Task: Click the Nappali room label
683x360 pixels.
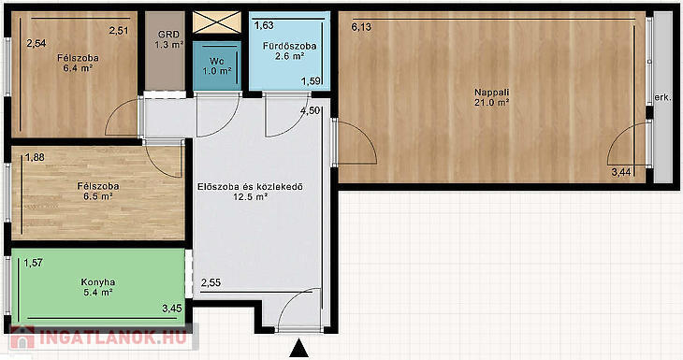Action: coord(492,93)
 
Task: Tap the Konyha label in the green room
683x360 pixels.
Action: coord(98,282)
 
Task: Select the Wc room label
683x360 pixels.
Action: coord(216,62)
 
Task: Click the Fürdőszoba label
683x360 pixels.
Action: coord(290,46)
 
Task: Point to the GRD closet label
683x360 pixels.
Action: coord(168,35)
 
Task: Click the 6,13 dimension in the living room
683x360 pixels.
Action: coord(361,27)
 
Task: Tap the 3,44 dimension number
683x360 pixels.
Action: coord(621,172)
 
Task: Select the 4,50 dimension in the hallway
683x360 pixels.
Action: coord(310,111)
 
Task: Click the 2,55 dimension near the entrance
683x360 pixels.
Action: coord(211,283)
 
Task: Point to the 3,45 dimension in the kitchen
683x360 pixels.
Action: coord(172,309)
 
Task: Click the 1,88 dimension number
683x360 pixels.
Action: coord(35,157)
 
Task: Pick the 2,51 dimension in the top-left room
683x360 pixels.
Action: coord(119,31)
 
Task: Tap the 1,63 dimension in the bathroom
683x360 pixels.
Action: coord(264,25)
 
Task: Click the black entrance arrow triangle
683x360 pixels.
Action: coord(298,350)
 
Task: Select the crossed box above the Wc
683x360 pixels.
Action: coord(217,22)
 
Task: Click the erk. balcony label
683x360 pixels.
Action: coord(663,98)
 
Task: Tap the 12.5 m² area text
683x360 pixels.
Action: coord(250,196)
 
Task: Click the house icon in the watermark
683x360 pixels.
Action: coord(22,338)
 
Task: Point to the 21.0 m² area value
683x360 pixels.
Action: coord(492,103)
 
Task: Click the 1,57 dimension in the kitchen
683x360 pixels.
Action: coord(33,263)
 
